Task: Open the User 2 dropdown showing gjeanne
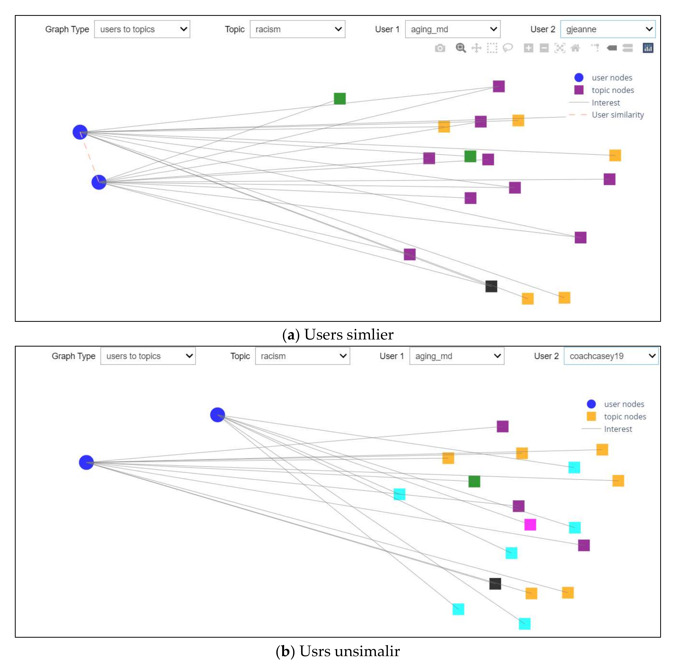[x=607, y=29]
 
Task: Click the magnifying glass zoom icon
[x=461, y=48]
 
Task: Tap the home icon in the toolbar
[x=575, y=48]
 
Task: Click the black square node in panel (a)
[x=491, y=286]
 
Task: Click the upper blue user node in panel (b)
[x=218, y=415]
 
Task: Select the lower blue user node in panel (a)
[x=99, y=182]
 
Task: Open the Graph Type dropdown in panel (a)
[x=142, y=29]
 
